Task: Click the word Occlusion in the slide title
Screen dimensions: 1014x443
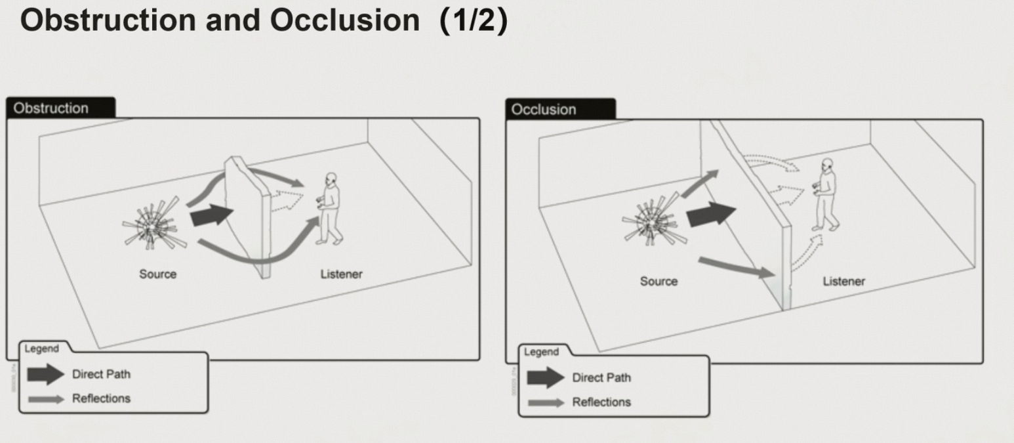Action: (x=344, y=21)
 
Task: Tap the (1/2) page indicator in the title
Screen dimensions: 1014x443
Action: (x=474, y=21)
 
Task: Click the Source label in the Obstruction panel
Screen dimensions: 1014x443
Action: (x=157, y=274)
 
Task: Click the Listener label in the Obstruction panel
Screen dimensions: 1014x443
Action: (x=341, y=274)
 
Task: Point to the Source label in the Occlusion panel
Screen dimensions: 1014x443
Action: (x=659, y=281)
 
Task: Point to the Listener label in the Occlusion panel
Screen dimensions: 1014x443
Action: (x=843, y=281)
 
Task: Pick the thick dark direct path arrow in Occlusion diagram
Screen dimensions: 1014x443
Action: (x=711, y=214)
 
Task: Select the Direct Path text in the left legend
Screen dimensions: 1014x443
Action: (x=101, y=374)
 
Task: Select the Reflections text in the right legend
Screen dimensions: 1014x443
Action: (x=601, y=402)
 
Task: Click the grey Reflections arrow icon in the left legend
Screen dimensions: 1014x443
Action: (x=46, y=399)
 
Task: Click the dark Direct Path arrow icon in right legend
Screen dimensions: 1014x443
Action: (x=545, y=377)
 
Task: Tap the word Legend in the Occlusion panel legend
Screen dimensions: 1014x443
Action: (x=541, y=352)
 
